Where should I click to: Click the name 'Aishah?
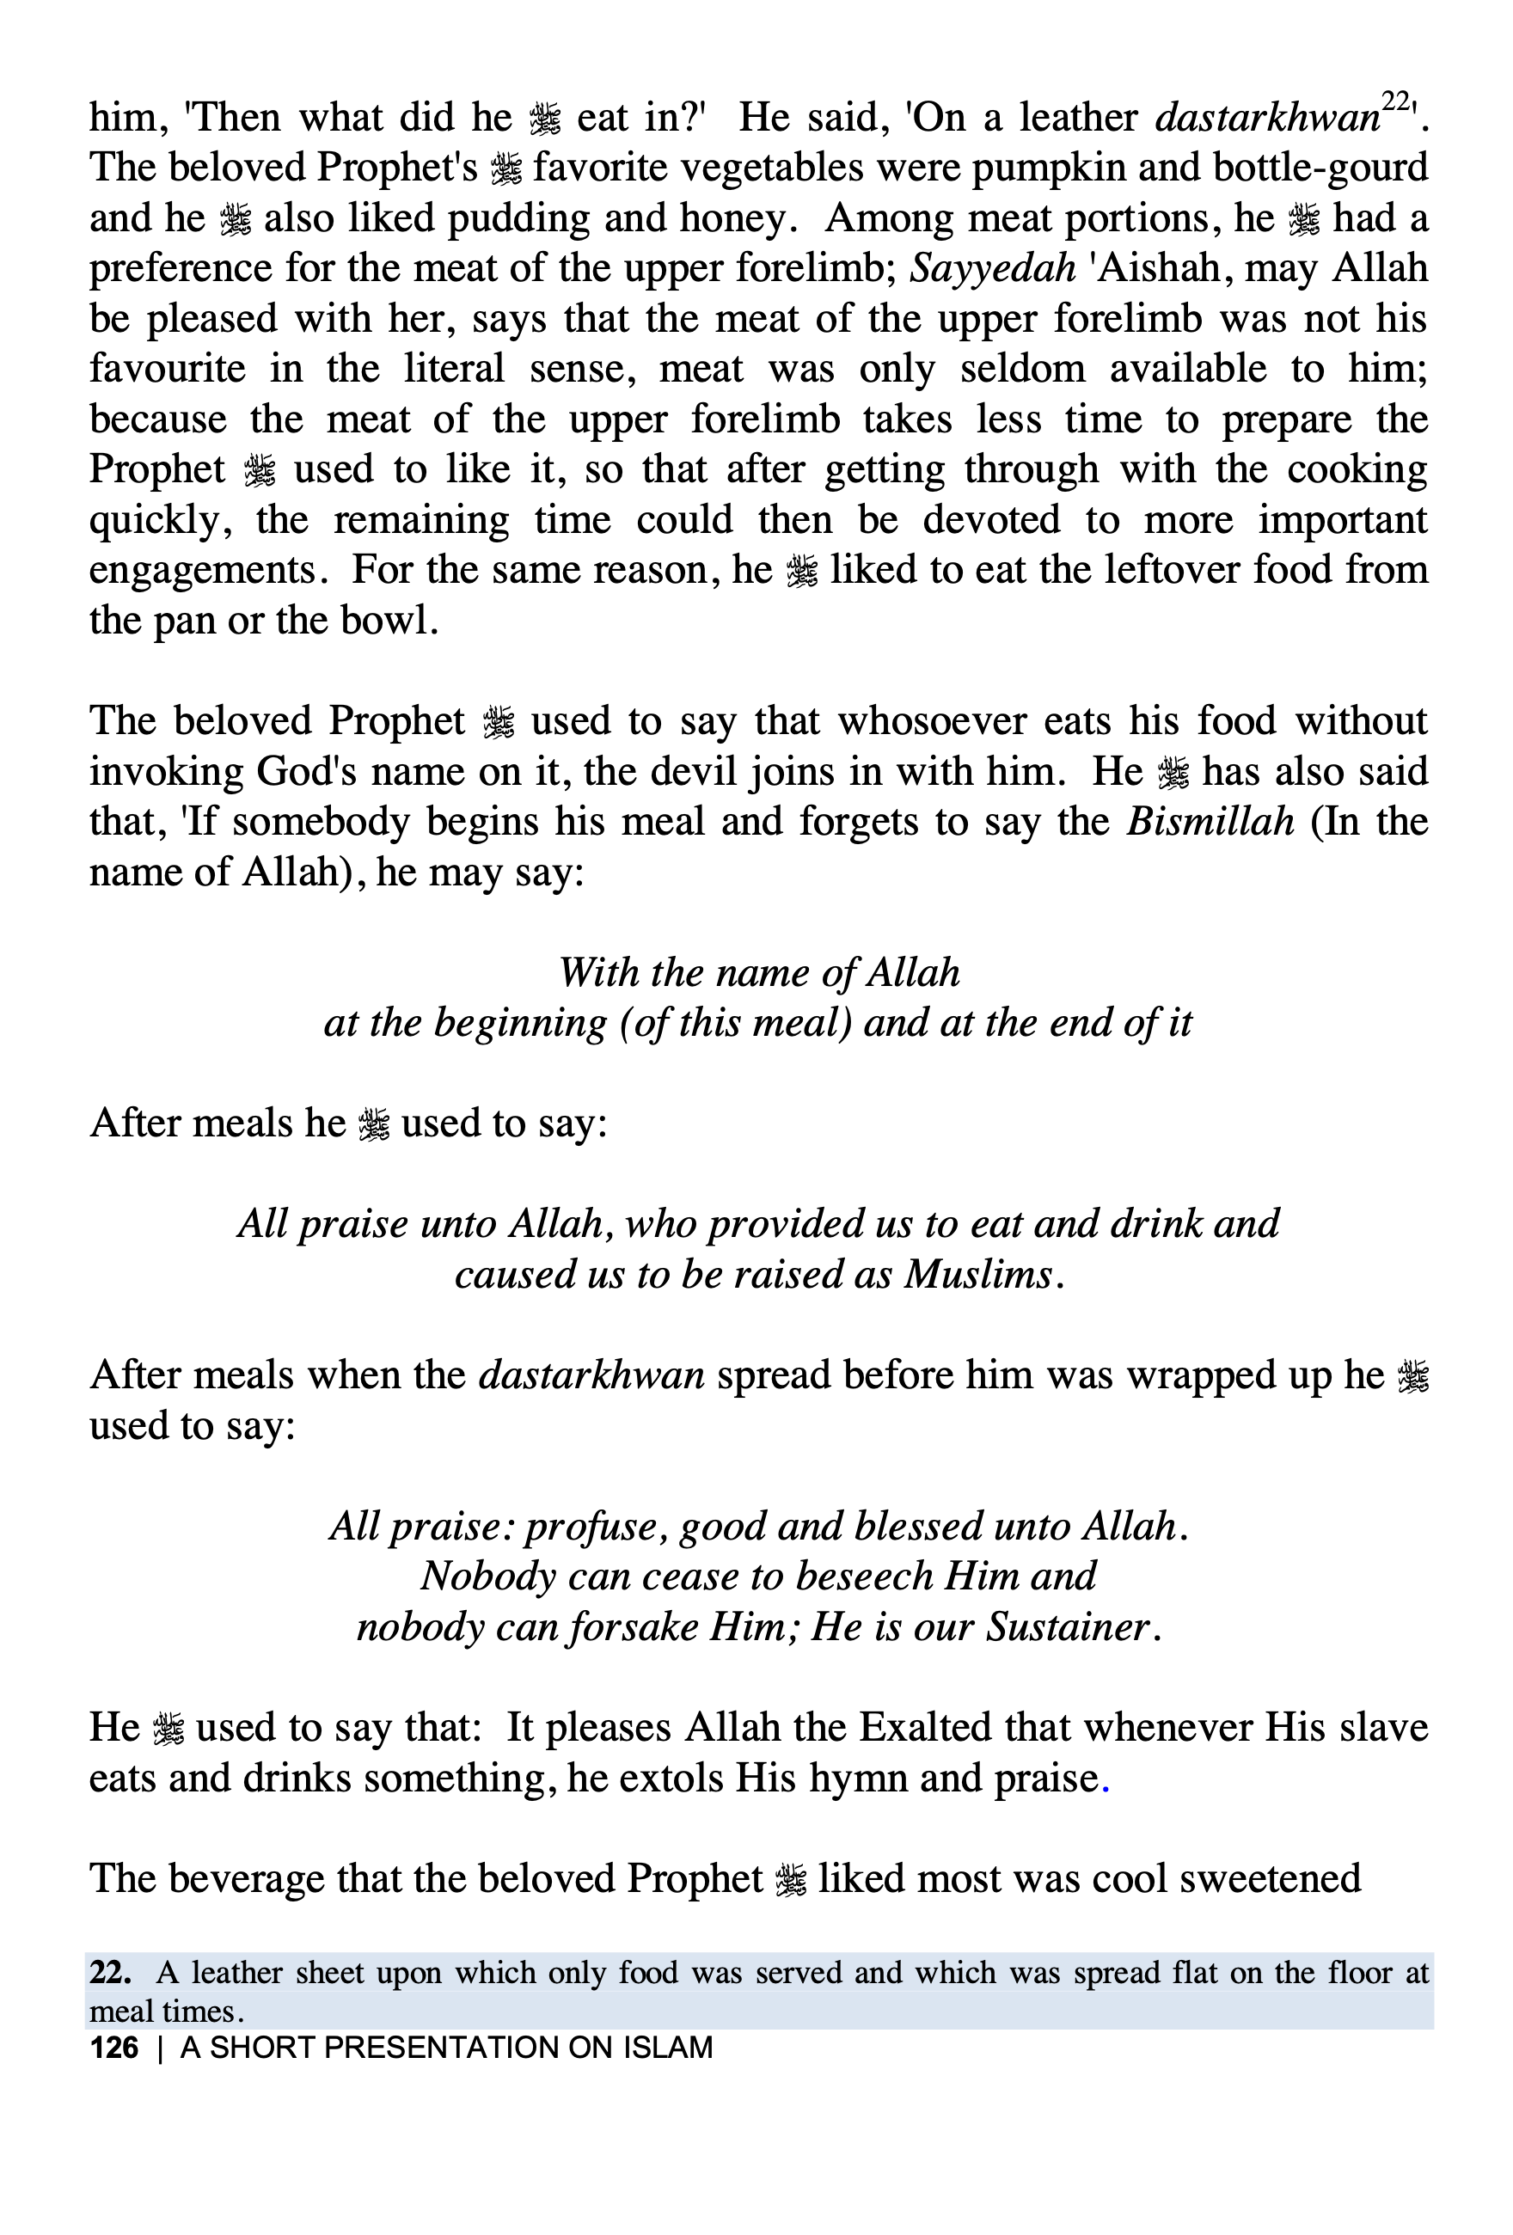click(x=1155, y=268)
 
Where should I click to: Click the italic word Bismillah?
click(x=1210, y=823)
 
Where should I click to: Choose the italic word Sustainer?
click(x=1069, y=1627)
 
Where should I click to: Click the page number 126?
click(x=113, y=2048)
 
